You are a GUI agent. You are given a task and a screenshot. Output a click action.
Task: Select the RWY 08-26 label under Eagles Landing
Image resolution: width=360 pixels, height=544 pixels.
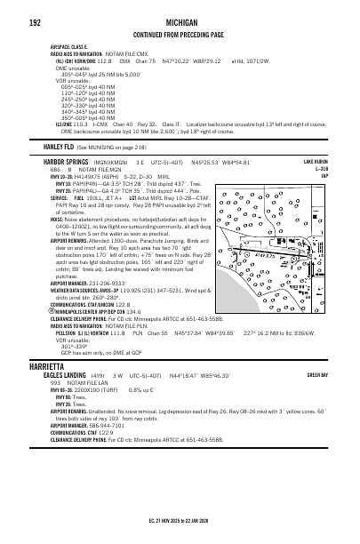coord(62,390)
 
